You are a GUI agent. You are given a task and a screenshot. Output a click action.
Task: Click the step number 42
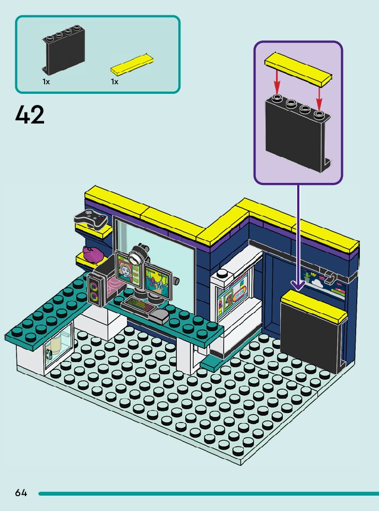tap(30, 114)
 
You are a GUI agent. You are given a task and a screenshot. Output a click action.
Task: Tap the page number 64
tap(21, 492)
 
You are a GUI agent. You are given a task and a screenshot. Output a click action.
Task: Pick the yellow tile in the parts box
tap(132, 65)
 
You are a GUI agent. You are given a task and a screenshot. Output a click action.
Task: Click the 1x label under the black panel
tap(46, 82)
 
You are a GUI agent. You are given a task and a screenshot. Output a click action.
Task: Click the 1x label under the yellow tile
tap(115, 82)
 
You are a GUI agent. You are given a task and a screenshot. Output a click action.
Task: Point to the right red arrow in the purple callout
tap(319, 94)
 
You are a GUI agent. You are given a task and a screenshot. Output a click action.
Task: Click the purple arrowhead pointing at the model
tap(298, 285)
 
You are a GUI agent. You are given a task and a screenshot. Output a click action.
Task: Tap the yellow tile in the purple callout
tap(298, 71)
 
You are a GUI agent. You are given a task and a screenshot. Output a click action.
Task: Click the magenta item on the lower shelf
tap(92, 254)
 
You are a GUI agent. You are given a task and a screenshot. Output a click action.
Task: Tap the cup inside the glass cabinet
tap(56, 345)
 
